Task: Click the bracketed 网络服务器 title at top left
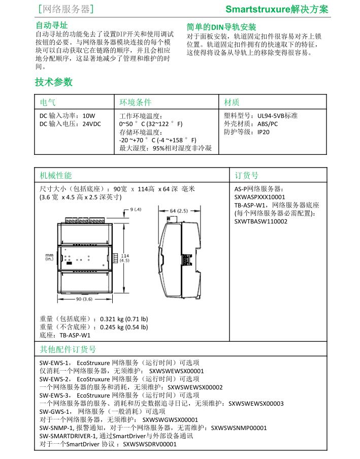click(x=66, y=9)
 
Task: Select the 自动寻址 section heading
click(x=51, y=25)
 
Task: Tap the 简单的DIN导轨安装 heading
click(x=221, y=27)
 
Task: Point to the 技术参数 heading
click(x=54, y=82)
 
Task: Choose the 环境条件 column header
click(x=135, y=102)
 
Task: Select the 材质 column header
click(x=232, y=102)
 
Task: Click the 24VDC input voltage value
click(x=91, y=123)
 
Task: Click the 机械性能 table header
click(x=56, y=175)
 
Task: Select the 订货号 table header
click(x=246, y=175)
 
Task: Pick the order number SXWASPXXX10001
click(x=259, y=197)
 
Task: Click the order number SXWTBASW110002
click(x=260, y=221)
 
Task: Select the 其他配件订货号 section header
click(x=68, y=349)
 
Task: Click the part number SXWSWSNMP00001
click(x=238, y=428)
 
